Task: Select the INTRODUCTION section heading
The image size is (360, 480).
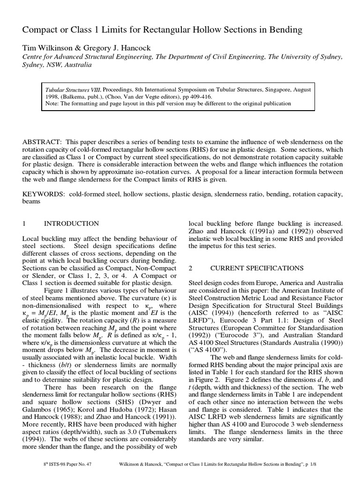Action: (x=71, y=224)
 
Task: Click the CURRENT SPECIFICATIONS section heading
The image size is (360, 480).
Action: (x=257, y=268)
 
